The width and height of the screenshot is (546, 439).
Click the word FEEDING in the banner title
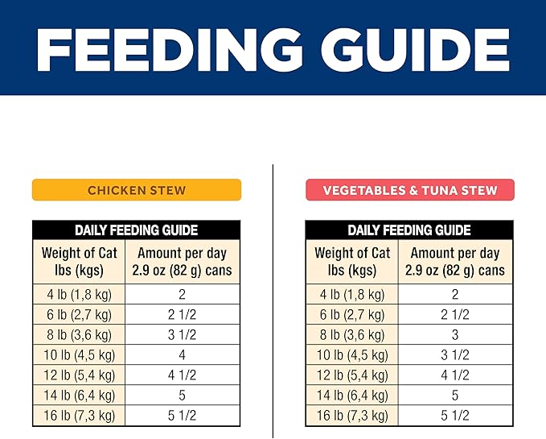(169, 51)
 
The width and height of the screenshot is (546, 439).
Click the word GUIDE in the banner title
(416, 51)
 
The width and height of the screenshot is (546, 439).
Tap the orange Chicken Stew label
(137, 190)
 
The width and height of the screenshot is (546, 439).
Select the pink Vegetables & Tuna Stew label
(410, 190)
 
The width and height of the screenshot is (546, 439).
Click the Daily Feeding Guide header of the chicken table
(136, 230)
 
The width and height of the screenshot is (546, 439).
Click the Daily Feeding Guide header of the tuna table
(409, 230)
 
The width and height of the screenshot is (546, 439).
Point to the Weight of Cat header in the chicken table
(79, 262)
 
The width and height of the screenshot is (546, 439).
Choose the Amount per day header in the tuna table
(455, 262)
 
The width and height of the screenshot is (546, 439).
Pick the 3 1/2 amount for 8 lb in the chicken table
(182, 335)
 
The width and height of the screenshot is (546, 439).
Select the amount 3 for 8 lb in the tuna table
(455, 335)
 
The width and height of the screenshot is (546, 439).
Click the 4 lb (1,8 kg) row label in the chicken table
(79, 295)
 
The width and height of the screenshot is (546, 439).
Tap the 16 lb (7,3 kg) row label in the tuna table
(352, 416)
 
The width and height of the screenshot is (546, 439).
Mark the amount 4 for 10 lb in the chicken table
(182, 355)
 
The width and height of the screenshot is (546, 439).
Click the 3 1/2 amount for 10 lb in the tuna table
(455, 355)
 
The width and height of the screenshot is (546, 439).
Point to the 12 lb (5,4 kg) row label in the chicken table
(79, 375)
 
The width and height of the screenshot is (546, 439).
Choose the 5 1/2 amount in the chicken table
(182, 416)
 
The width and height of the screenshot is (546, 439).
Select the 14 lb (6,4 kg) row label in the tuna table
(352, 396)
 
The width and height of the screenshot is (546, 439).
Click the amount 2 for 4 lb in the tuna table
(455, 295)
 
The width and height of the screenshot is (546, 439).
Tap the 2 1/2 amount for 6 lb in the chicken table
(182, 315)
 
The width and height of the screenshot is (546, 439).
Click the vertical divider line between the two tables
(273, 301)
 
